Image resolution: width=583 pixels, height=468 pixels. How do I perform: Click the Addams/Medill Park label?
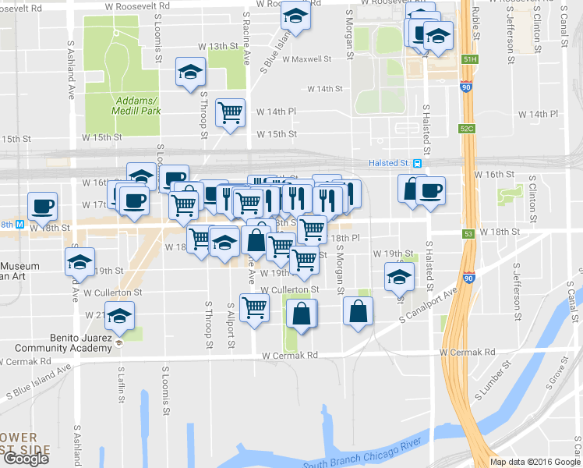coord(137,105)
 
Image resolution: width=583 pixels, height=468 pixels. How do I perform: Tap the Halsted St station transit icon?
coord(418,163)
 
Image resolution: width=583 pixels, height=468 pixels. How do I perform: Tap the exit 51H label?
coord(468,58)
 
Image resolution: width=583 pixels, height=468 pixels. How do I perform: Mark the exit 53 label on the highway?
coord(468,232)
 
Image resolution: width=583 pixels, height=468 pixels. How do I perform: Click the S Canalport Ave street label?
coord(427,307)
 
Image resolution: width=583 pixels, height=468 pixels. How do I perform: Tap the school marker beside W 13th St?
coord(189,73)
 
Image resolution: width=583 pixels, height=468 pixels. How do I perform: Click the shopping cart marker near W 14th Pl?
coord(231,113)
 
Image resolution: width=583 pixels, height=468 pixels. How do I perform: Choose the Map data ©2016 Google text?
coord(534,462)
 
